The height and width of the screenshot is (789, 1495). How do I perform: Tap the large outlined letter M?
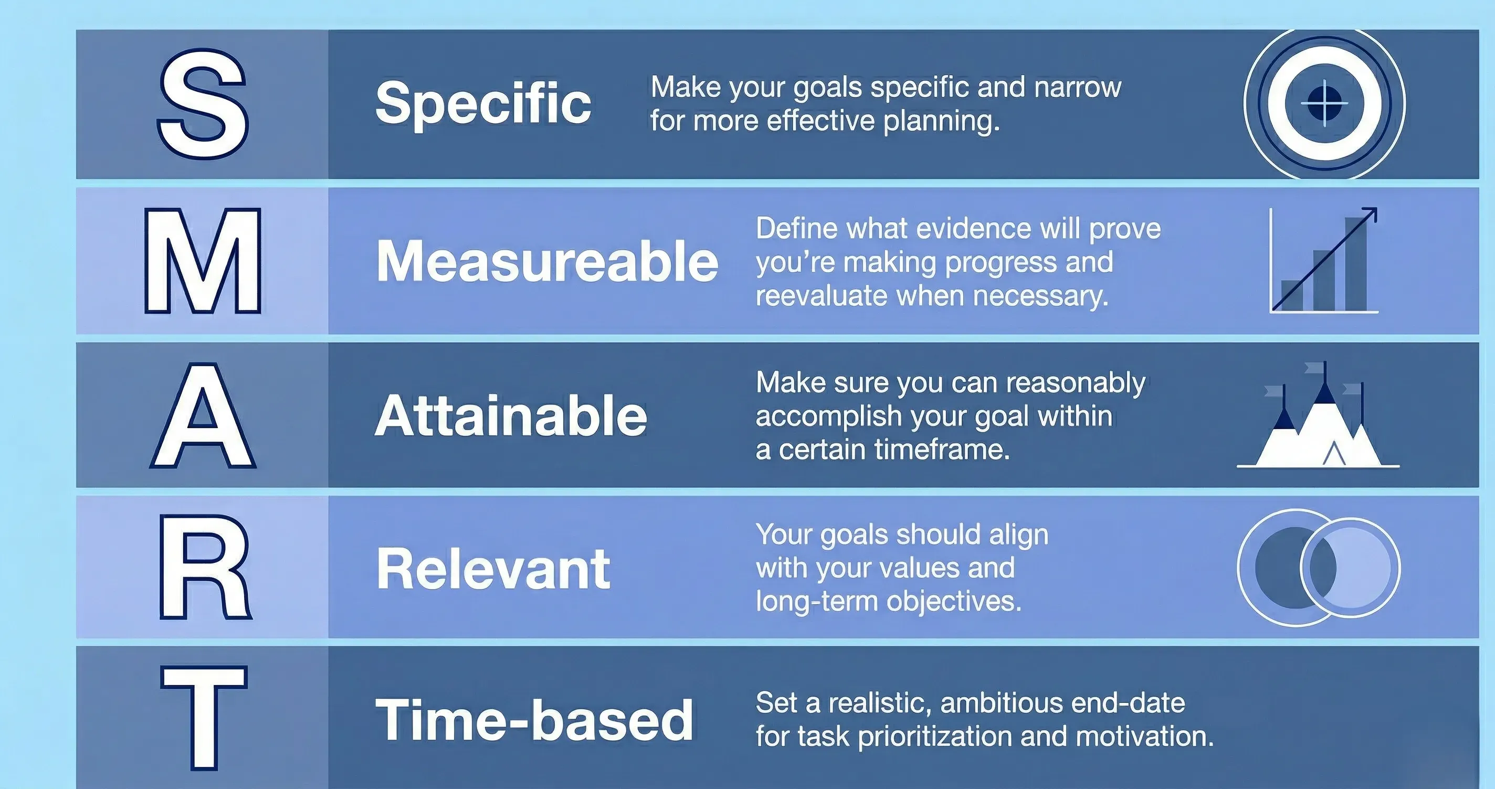[203, 261]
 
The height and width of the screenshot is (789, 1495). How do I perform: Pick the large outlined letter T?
[204, 718]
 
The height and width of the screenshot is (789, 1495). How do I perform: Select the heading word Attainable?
[511, 415]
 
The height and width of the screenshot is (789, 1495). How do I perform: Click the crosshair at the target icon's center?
[1324, 104]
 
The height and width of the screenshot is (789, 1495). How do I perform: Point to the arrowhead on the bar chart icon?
[1370, 214]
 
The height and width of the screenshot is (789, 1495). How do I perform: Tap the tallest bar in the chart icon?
[1356, 264]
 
